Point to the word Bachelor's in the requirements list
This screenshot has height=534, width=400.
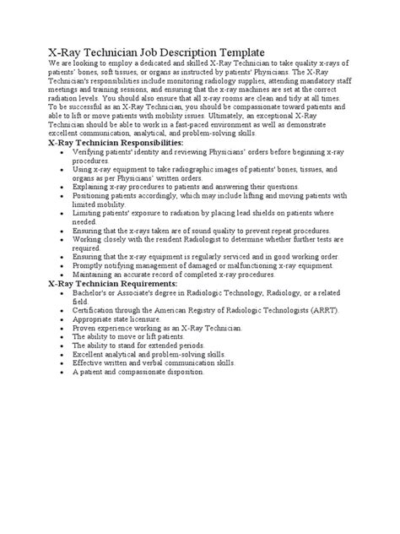pos(95,292)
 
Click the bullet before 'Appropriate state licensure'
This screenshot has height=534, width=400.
pos(54,319)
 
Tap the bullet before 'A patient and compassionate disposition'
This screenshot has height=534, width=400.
pos(54,372)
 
